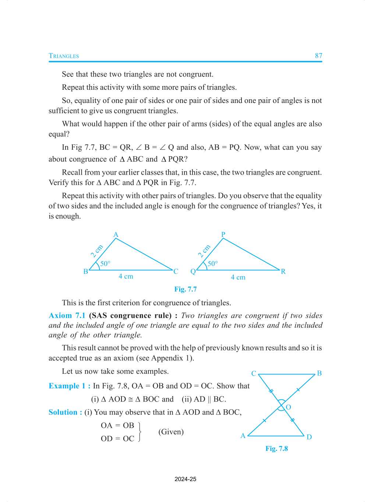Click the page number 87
[318, 56]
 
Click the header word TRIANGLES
[64, 56]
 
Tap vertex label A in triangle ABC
[116, 235]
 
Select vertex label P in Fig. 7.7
[223, 234]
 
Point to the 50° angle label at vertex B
[105, 263]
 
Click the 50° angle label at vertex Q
[213, 263]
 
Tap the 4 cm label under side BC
[126, 276]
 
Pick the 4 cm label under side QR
[238, 277]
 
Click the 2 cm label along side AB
[97, 251]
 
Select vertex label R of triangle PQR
[283, 271]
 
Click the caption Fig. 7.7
[185, 289]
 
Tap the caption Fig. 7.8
[277, 448]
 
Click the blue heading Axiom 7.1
[67, 316]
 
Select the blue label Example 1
[67, 386]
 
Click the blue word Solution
[63, 412]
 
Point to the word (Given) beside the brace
[171, 432]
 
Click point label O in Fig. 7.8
[288, 407]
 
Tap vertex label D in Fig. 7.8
[309, 437]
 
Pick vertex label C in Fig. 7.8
[254, 373]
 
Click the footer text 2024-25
[185, 479]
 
